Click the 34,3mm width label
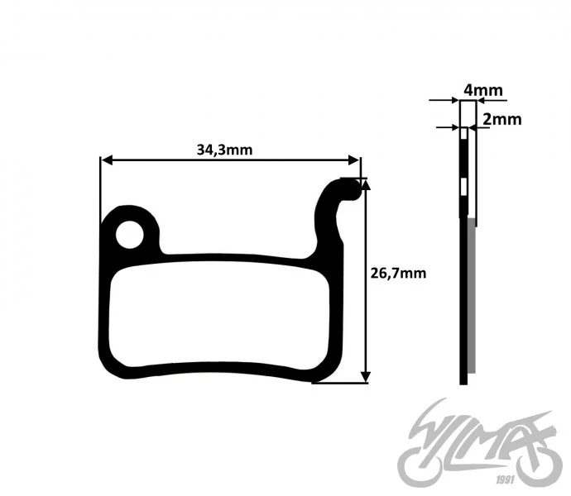point(224,150)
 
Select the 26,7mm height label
point(398,273)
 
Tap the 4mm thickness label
point(483,90)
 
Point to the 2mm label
point(502,119)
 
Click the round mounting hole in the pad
point(130,235)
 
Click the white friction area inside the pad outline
point(219,313)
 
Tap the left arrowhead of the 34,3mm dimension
point(107,160)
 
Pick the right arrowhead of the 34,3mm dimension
point(353,160)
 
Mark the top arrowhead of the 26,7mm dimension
point(365,184)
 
